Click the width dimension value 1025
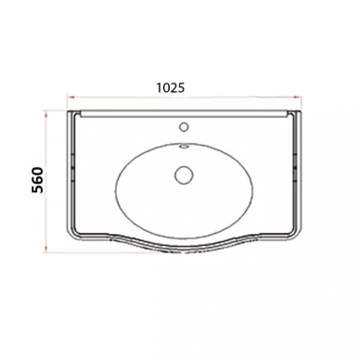(x=170, y=88)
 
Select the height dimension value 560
(x=37, y=180)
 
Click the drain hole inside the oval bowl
(x=184, y=174)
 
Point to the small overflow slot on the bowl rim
(x=184, y=147)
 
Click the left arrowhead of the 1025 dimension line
(x=71, y=97)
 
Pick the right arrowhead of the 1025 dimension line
(x=297, y=97)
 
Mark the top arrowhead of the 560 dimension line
(x=46, y=115)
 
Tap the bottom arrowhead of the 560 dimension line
(x=46, y=249)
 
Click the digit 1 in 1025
(x=159, y=88)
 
